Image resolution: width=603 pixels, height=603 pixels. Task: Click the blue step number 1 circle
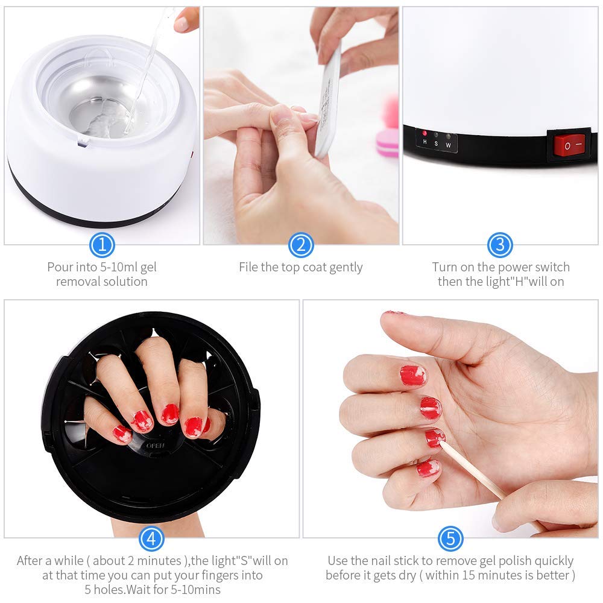(102, 245)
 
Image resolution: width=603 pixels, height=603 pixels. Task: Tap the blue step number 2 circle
(301, 245)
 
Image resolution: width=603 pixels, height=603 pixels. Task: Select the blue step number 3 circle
(500, 245)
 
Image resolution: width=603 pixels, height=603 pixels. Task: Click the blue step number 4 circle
(152, 538)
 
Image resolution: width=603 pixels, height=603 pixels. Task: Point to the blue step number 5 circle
(450, 538)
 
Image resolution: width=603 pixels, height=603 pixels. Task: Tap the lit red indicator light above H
(425, 133)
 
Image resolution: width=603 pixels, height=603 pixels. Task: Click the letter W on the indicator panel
(448, 145)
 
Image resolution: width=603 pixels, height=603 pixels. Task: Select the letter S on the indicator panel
(436, 145)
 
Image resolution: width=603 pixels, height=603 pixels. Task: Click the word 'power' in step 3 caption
(505, 267)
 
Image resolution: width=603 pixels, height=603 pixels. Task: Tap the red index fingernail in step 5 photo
(412, 375)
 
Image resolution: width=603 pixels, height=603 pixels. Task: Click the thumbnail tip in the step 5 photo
(394, 313)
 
